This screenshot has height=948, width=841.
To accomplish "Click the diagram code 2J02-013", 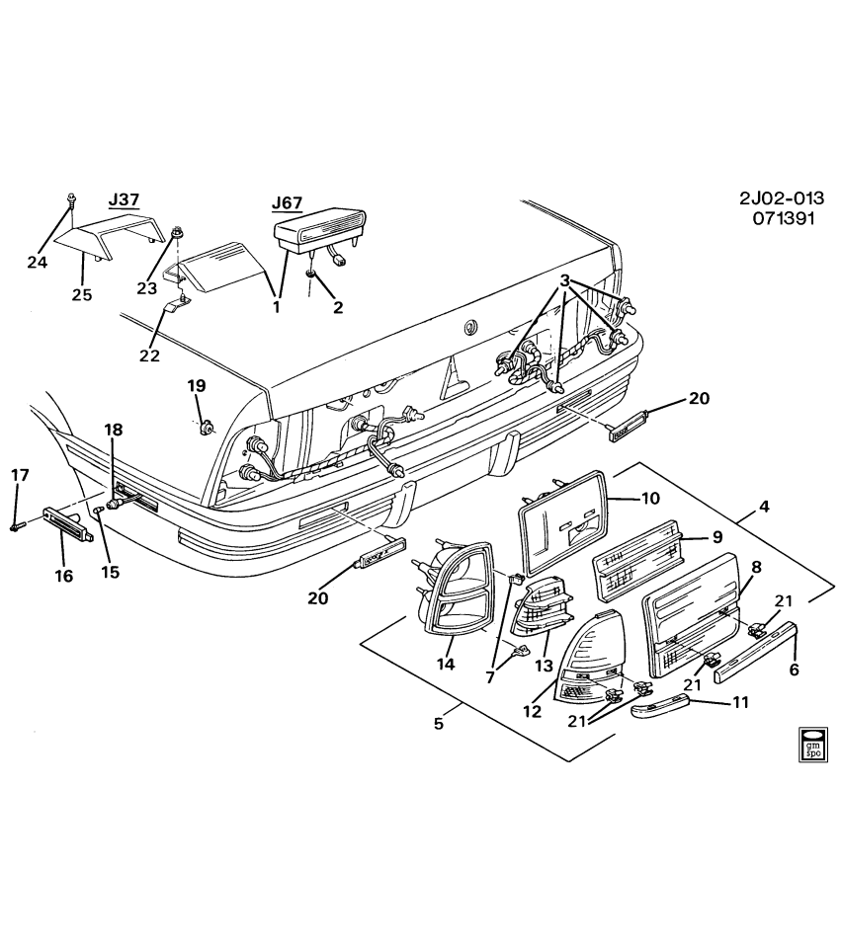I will [781, 197].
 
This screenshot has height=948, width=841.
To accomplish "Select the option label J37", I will [124, 199].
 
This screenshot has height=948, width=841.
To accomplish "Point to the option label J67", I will [287, 203].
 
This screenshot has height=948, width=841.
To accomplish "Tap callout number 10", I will [649, 498].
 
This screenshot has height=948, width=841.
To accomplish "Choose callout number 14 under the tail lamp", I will [446, 665].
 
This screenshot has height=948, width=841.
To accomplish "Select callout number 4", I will [763, 510].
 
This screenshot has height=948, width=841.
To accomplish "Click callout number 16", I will [64, 576].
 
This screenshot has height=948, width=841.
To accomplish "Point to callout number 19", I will [196, 385].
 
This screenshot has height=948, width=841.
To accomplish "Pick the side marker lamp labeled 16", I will [69, 522].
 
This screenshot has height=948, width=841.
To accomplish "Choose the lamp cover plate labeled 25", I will [109, 233].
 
